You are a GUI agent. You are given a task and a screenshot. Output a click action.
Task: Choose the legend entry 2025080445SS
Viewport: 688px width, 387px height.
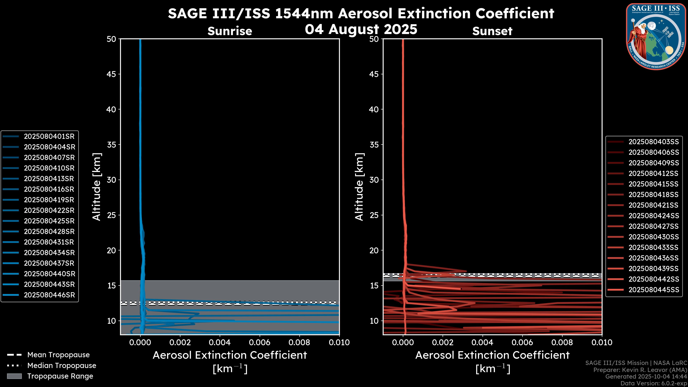654,290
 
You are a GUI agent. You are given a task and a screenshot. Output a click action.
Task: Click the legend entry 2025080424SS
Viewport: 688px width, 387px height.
654,216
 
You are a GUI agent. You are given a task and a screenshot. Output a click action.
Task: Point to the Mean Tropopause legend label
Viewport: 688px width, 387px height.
58,355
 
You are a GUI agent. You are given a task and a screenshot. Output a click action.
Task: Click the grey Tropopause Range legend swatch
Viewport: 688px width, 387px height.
14,376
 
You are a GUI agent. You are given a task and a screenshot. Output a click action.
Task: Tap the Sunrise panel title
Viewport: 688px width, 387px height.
230,31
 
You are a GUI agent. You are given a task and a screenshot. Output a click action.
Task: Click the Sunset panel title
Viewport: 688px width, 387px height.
492,31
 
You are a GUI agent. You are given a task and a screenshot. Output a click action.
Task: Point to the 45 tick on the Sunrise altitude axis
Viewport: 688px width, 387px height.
111,74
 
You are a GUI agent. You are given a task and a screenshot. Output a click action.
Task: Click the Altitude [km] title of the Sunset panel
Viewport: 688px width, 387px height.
359,187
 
